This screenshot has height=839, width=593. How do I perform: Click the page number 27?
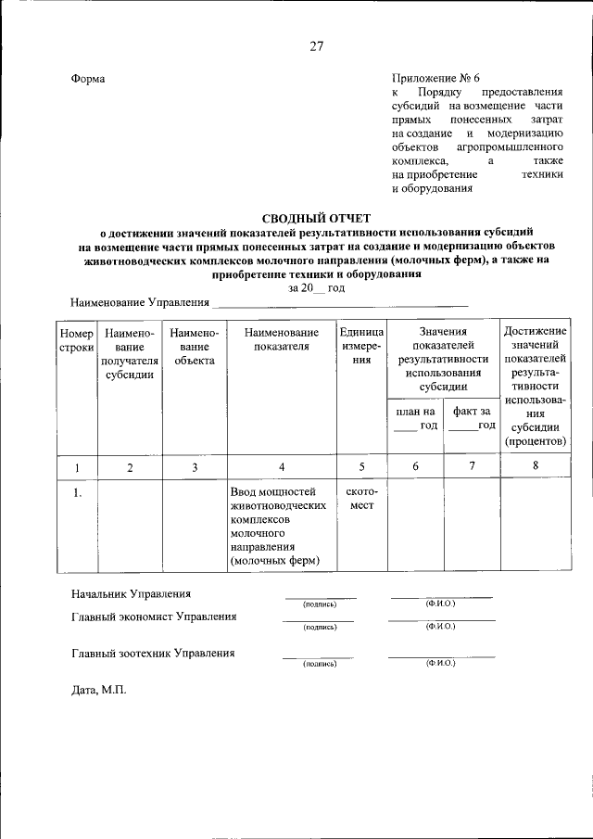click(x=316, y=47)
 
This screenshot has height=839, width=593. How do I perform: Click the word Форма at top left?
click(x=89, y=79)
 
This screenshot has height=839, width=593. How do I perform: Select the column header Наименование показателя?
click(x=282, y=340)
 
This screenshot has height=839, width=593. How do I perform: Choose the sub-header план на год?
click(x=415, y=418)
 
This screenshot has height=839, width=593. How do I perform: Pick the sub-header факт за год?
click(x=472, y=418)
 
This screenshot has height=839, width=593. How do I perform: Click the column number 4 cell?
click(x=282, y=467)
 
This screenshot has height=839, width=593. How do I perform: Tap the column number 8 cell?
click(x=536, y=466)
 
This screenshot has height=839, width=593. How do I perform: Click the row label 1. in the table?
click(x=78, y=493)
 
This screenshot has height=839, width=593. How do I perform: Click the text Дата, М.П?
click(x=98, y=691)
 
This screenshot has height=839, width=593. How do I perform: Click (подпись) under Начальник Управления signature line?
click(x=320, y=604)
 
